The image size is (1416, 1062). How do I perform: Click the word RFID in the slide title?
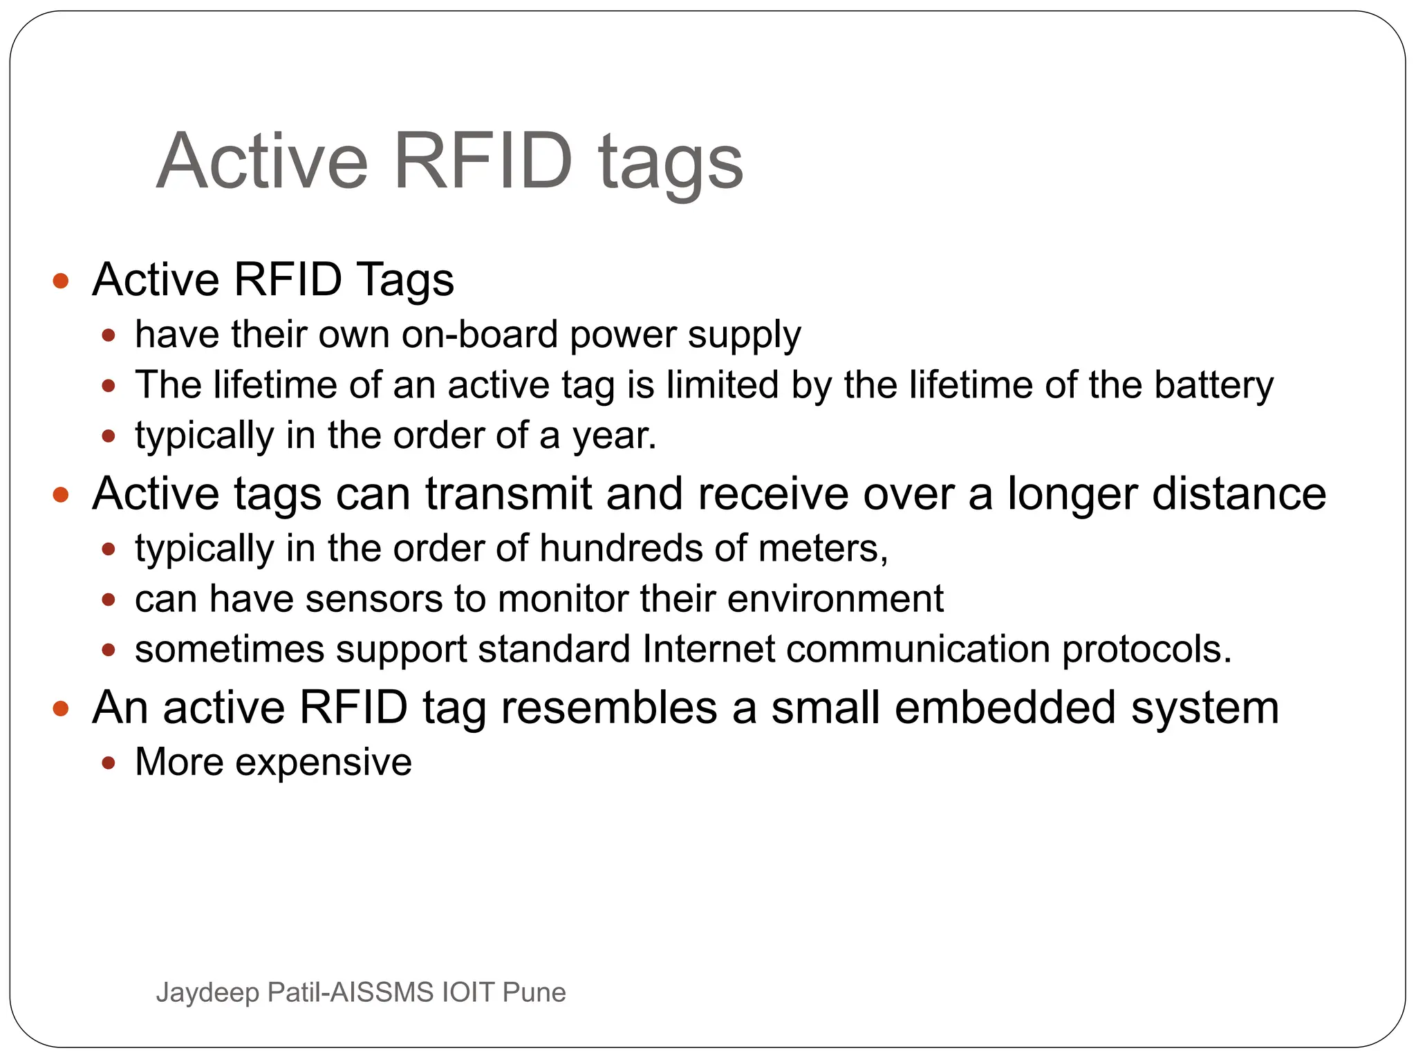(x=483, y=161)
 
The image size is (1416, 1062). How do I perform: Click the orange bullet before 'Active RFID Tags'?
(x=61, y=281)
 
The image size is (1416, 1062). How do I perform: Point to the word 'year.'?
(x=613, y=436)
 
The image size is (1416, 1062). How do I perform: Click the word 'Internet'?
(x=708, y=649)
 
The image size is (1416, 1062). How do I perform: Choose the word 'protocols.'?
(x=1146, y=651)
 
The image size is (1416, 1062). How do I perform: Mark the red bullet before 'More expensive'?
(x=108, y=763)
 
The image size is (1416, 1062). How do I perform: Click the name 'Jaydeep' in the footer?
(x=207, y=993)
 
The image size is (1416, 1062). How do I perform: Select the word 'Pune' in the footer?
(x=534, y=993)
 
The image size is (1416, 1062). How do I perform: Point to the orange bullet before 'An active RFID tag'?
(x=61, y=708)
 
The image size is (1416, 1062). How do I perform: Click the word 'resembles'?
(x=608, y=707)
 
